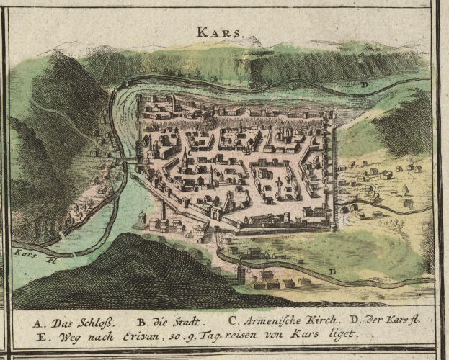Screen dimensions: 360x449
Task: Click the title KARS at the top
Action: pos(221,32)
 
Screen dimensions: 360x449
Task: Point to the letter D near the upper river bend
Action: pos(365,84)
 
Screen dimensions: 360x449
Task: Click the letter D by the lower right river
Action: pos(332,271)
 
